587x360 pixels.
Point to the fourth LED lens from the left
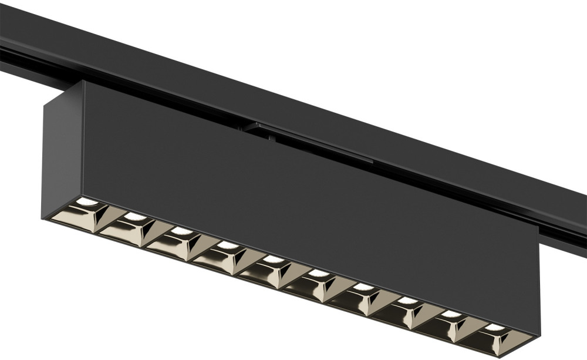tap(226, 245)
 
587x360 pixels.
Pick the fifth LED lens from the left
tap(272, 259)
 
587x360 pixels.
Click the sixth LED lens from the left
tap(318, 273)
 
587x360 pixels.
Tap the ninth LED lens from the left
tap(451, 314)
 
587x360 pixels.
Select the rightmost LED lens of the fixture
tap(494, 327)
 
